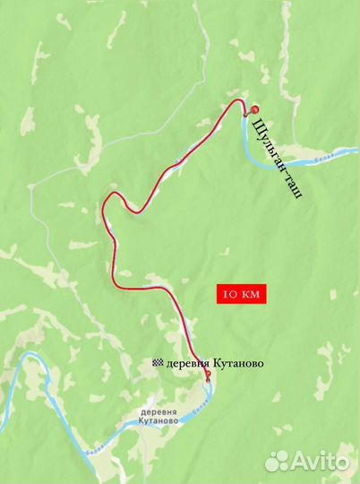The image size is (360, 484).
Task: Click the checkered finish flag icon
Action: (x=159, y=362)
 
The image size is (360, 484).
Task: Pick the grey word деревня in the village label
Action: (x=159, y=411)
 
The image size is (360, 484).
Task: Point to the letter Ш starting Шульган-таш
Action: (x=258, y=123)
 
